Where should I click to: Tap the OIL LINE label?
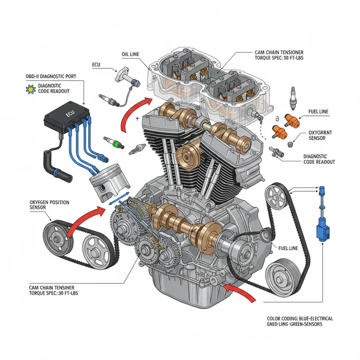coord(130,54)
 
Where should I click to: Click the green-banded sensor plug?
coord(113,143)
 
